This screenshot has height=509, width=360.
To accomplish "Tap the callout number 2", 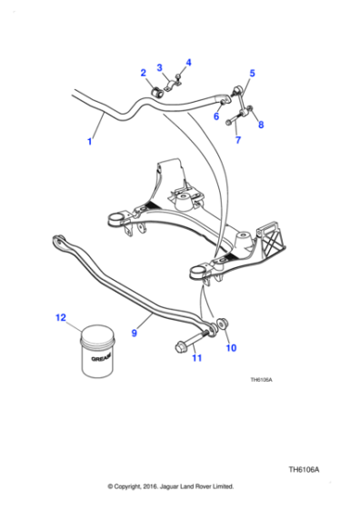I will point(143,73).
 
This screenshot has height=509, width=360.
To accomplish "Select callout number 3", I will point(159,67).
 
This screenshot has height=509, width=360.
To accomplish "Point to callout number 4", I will point(188,62).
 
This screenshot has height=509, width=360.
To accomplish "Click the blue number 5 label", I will point(252,73).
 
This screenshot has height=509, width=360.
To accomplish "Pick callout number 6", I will point(216,115).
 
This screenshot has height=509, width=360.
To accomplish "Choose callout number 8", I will point(262,125).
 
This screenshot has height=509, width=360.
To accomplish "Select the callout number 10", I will point(230,347).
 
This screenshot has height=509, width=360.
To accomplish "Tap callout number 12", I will point(61,318).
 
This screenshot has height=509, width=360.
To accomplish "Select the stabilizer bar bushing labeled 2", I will point(156,89).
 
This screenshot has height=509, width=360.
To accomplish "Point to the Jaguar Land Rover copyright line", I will point(171,486).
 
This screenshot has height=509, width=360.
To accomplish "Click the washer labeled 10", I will point(220,326).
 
